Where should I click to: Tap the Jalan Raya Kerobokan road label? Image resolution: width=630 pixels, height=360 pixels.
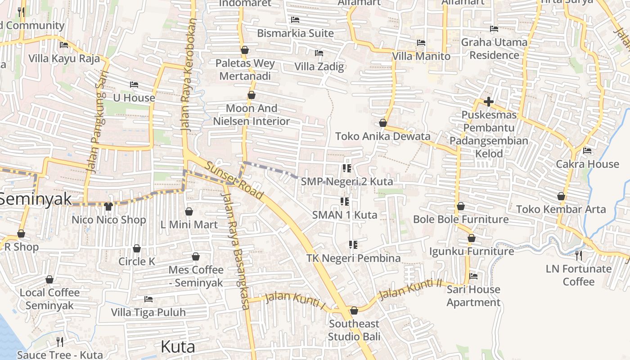point(189,74)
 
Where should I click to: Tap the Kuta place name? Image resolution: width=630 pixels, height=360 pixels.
point(178,346)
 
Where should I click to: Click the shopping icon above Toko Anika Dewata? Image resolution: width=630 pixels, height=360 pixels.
point(383,122)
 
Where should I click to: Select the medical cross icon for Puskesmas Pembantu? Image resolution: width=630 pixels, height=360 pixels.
point(488,102)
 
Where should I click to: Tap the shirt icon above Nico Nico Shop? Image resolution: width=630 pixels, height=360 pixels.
point(108,207)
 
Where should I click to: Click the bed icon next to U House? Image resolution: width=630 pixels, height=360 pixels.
point(134,84)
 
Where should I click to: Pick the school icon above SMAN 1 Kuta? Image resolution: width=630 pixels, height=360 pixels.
point(345,201)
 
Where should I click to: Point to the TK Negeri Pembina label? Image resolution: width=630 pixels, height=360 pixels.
point(353,258)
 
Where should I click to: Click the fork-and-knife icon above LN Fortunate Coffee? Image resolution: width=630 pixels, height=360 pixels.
point(579,256)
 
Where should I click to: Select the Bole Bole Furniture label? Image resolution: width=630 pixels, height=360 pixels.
point(461,220)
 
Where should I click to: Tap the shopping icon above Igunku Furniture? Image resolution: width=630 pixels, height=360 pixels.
point(471,238)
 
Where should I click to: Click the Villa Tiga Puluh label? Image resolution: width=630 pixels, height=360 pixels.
point(148,312)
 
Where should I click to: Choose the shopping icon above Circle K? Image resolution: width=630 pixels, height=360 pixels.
point(137,248)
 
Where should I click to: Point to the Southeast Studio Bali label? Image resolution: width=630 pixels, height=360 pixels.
point(354,330)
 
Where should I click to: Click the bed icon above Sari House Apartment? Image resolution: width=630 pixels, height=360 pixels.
point(473,276)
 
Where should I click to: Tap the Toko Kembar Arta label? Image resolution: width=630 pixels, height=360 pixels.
point(561,209)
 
